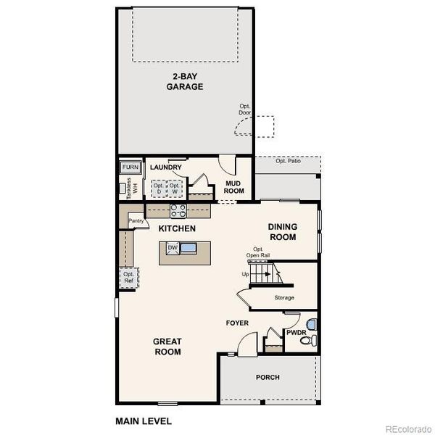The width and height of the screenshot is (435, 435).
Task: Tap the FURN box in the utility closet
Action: coord(130,167)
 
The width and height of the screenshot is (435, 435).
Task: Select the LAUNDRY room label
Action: coord(166,167)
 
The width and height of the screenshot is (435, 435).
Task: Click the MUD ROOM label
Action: coord(234,187)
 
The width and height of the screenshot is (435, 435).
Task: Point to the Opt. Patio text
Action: coord(288,161)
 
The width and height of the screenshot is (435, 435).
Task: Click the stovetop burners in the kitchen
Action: coord(178,211)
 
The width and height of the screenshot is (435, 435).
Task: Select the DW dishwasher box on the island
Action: coord(173,248)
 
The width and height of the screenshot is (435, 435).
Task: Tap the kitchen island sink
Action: coord(188,248)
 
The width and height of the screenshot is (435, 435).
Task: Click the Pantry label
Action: coord(135,220)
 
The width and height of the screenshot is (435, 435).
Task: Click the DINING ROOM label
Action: coord(283,231)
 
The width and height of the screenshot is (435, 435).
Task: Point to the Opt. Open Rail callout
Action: coord(257,252)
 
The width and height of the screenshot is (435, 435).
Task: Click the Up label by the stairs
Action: coord(245,275)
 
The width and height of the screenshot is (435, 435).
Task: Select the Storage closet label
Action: coord(283,297)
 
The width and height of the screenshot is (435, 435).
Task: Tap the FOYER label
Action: coord(237,323)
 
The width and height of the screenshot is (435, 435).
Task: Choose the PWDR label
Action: coord(296,333)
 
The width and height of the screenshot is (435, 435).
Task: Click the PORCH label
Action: coord(268,377)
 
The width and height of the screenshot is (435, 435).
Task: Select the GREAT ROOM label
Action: coord(167,347)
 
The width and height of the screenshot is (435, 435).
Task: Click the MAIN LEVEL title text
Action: coord(144,420)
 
